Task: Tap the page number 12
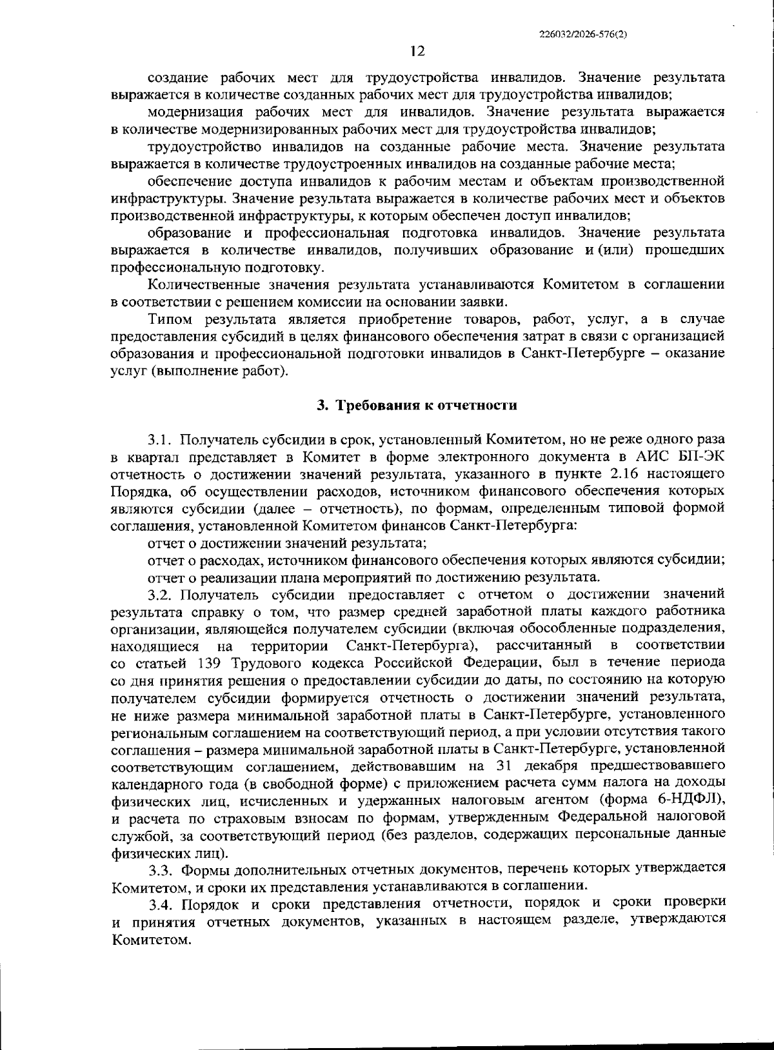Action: (417, 52)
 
